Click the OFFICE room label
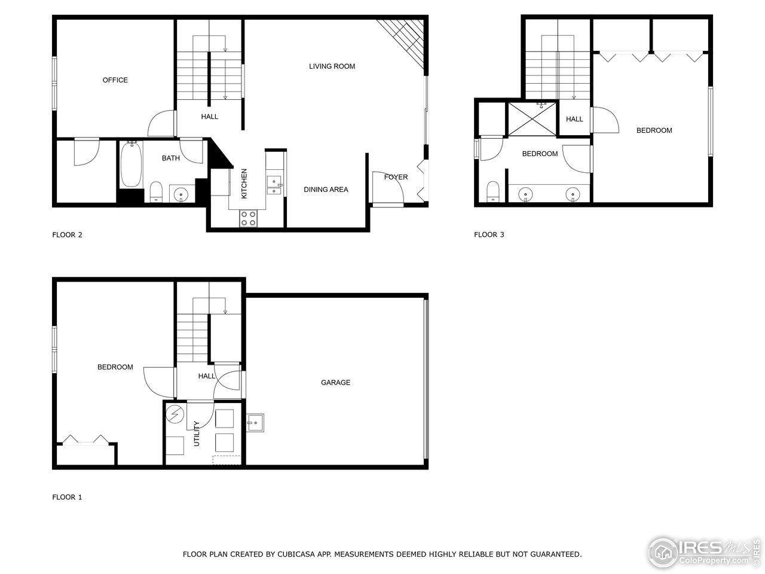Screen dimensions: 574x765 point(115,80)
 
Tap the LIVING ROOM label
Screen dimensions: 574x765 point(332,66)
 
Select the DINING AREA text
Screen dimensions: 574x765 point(326,190)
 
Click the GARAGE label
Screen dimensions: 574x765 point(335,383)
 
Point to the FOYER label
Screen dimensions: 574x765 point(396,177)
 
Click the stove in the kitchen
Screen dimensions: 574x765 point(248,219)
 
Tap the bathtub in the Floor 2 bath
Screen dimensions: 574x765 point(130,164)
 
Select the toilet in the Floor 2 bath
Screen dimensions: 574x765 point(156,192)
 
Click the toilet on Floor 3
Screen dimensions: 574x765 point(493,192)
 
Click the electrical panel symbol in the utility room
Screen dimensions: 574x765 point(175,414)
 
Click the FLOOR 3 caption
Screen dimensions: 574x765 point(489,234)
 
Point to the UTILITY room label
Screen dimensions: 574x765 point(197,434)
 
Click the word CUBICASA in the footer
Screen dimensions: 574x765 point(296,554)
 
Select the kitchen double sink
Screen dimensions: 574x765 point(275,185)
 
